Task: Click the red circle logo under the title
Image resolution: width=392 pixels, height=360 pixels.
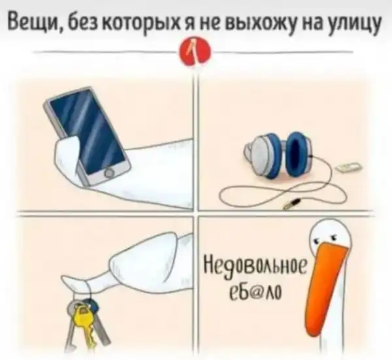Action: tap(194, 53)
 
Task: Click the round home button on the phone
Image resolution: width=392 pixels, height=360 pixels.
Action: tap(110, 172)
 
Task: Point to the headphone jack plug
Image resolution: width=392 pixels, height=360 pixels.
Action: tap(291, 203)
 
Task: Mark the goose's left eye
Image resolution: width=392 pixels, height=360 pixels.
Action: tap(317, 240)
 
